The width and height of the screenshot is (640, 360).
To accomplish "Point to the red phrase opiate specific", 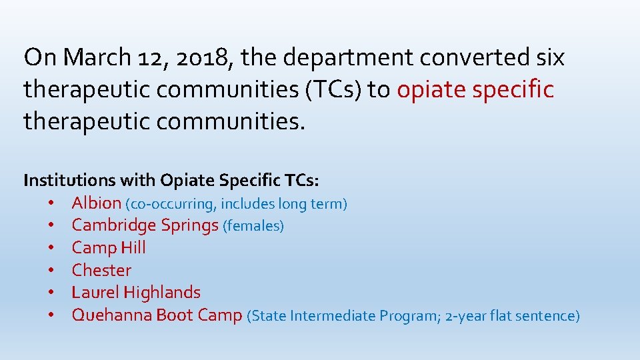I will [x=475, y=89].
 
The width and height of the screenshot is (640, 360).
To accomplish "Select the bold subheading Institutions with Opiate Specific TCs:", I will [x=171, y=180].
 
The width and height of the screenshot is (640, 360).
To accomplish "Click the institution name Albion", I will [x=96, y=203].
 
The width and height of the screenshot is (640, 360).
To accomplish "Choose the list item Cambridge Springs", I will [x=145, y=225].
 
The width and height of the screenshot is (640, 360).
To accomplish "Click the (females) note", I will [x=253, y=226].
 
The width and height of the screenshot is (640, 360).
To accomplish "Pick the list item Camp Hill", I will [x=109, y=247].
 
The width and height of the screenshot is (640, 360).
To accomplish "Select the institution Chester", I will [x=101, y=270].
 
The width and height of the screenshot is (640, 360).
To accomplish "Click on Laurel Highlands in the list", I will [x=136, y=292].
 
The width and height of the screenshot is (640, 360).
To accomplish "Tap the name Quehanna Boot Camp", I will [x=157, y=315].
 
